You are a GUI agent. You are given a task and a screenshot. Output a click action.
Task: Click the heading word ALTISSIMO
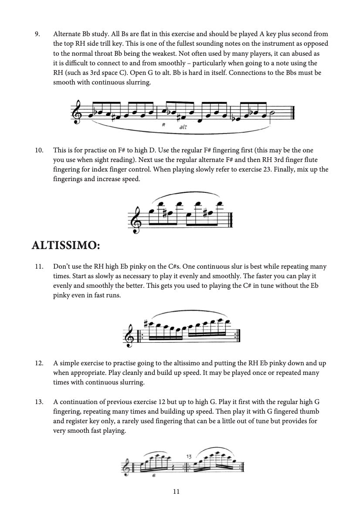click(x=66, y=246)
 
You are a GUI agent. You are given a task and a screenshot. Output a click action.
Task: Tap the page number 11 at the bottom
click(x=177, y=491)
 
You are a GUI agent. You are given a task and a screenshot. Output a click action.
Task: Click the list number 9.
click(x=37, y=34)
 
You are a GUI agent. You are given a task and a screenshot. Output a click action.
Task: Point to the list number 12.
click(x=39, y=363)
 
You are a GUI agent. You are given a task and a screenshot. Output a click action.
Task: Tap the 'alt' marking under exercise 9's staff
click(x=183, y=128)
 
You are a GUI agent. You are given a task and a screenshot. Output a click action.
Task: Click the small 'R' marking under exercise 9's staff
click(x=162, y=125)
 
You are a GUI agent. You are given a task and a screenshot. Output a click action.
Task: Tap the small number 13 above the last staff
click(x=189, y=456)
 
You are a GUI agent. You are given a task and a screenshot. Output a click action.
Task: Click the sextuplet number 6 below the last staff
click(x=153, y=476)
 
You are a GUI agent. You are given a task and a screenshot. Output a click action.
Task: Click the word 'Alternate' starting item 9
click(x=67, y=34)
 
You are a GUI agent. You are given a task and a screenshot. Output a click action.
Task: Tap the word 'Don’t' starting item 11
click(x=61, y=266)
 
